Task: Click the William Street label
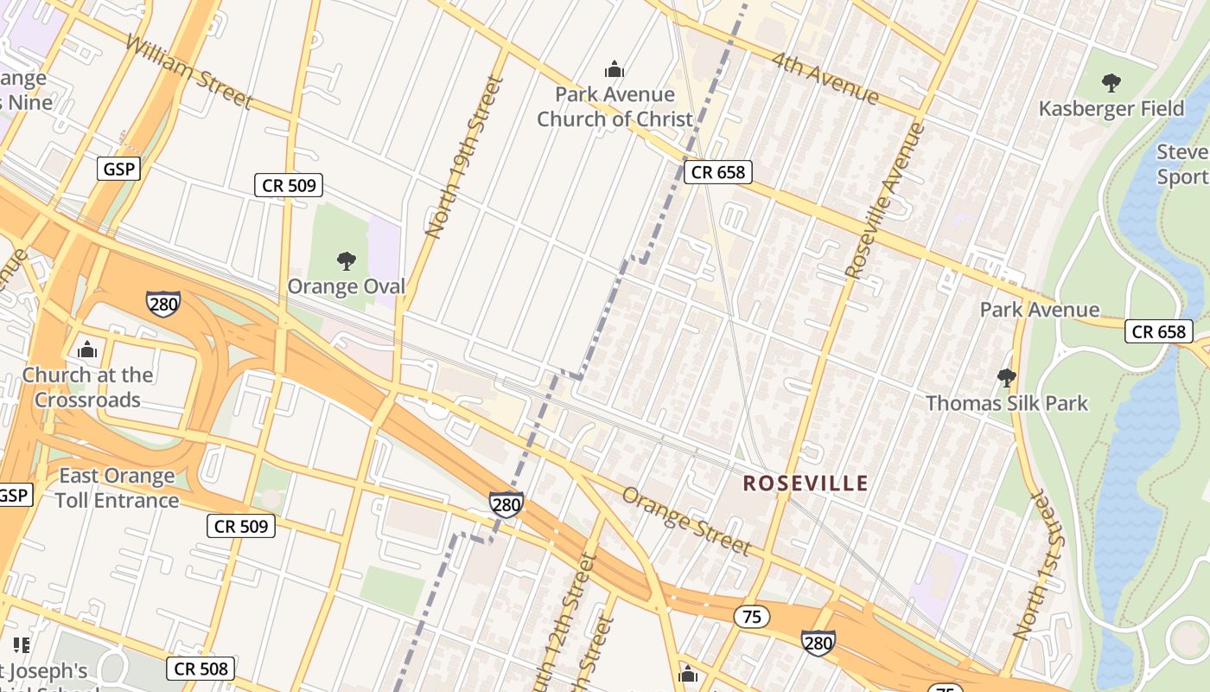tap(189, 73)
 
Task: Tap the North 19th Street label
tap(464, 157)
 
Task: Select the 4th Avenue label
tap(825, 79)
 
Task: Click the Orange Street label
tap(686, 520)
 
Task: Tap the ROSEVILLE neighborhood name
tap(805, 483)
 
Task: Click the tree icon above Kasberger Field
tap(1111, 83)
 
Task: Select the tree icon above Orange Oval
tap(346, 260)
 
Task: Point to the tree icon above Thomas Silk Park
tap(1006, 377)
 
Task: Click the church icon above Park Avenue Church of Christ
tap(615, 69)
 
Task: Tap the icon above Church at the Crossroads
tap(86, 350)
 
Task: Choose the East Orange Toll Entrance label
tap(118, 488)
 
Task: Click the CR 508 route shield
tap(201, 668)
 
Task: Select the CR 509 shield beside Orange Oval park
tap(289, 184)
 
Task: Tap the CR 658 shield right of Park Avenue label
tap(1158, 331)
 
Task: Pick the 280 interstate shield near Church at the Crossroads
tap(163, 304)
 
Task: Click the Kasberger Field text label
tap(1111, 108)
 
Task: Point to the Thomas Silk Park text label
tap(1007, 403)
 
